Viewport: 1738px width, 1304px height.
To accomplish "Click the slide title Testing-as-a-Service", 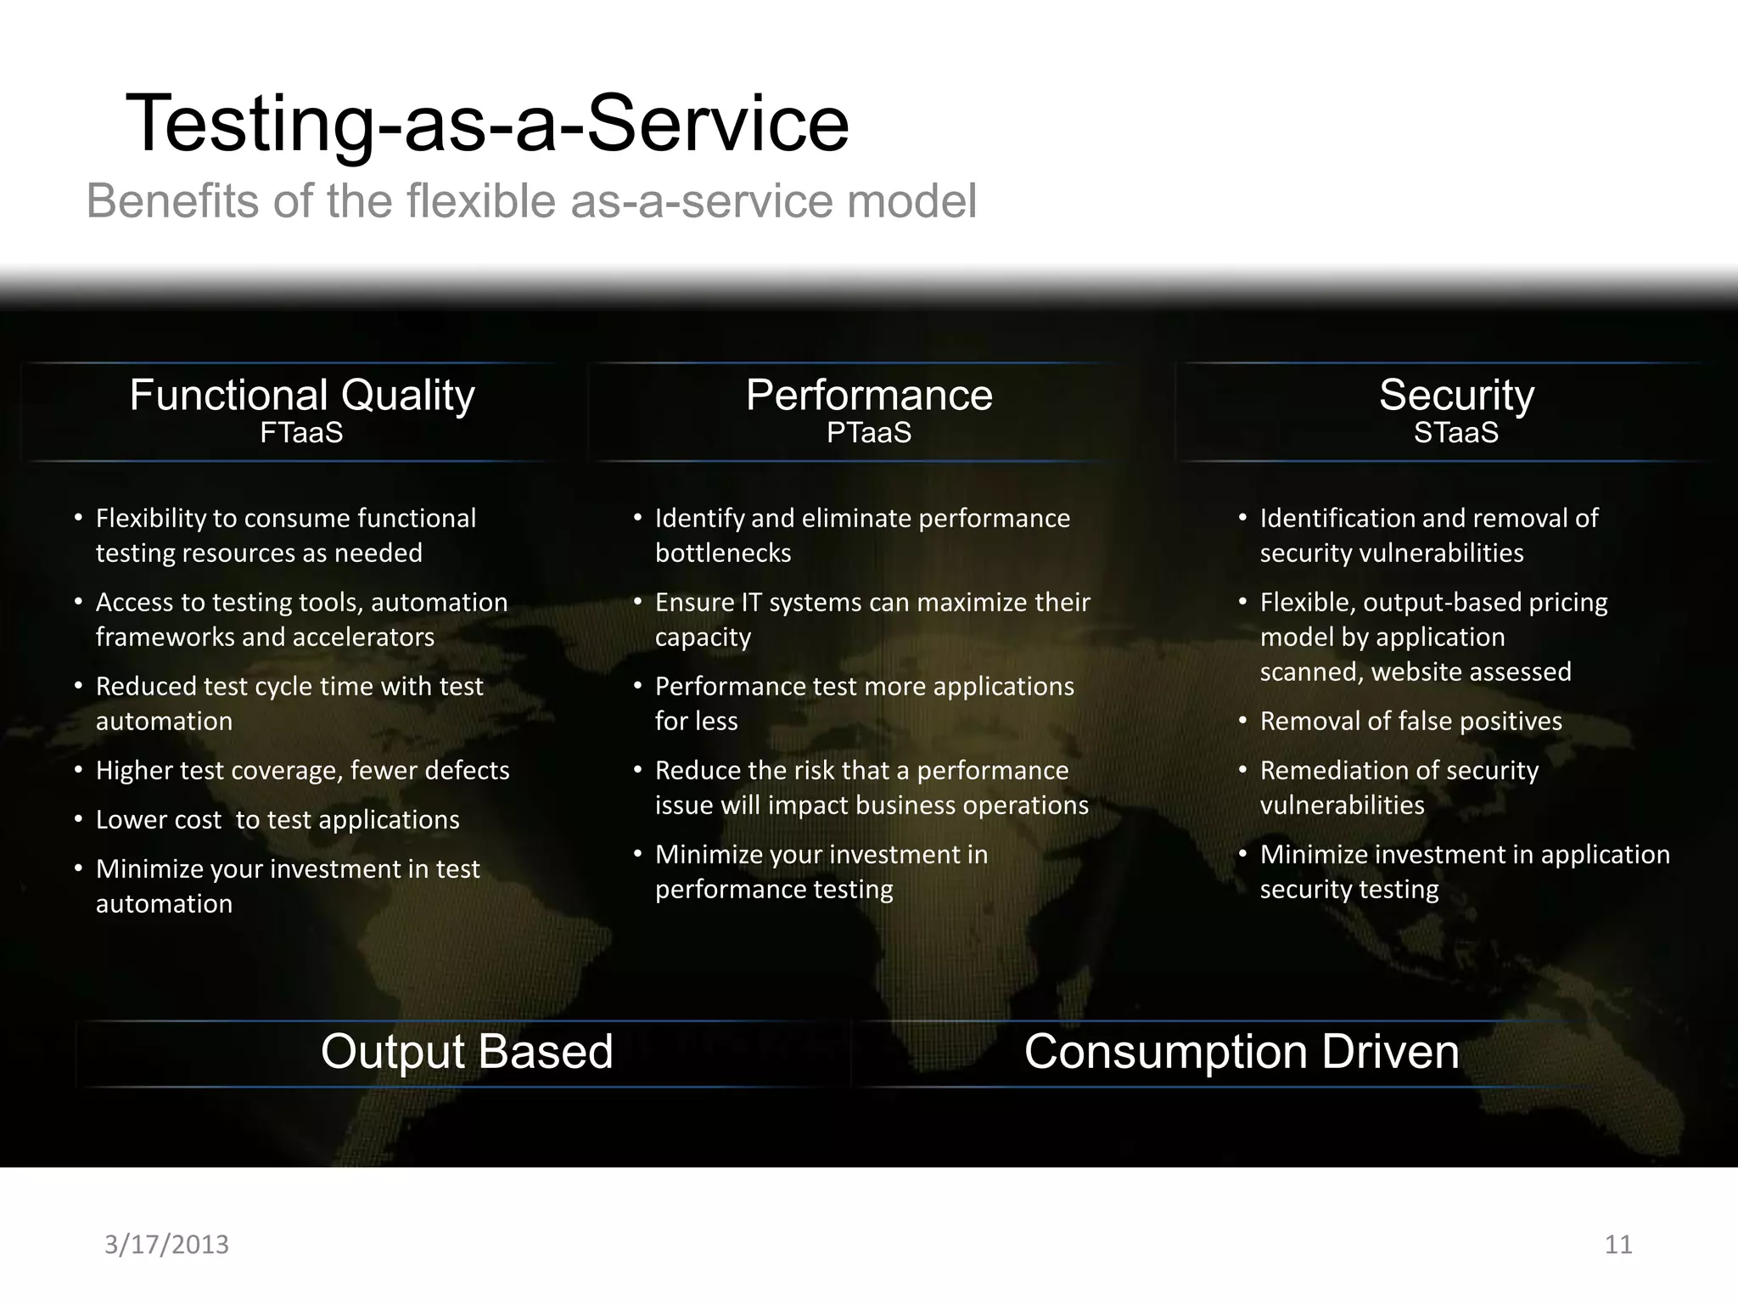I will pyautogui.click(x=487, y=124).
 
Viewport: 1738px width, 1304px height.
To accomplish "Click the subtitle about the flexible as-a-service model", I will pyautogui.click(x=531, y=202).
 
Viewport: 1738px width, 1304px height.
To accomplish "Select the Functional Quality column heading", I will pyautogui.click(x=302, y=396).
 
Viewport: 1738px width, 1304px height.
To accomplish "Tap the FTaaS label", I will pyautogui.click(x=301, y=433).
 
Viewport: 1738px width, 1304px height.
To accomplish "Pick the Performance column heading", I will pyautogui.click(x=869, y=396).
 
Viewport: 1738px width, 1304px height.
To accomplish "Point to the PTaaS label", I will pyautogui.click(x=869, y=433).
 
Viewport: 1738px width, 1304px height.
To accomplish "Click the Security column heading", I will pyautogui.click(x=1456, y=396).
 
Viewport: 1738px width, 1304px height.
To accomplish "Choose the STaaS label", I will pyautogui.click(x=1456, y=433).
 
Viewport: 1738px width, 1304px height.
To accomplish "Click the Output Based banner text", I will pyautogui.click(x=467, y=1052).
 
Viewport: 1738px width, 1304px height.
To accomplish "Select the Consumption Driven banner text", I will pyautogui.click(x=1242, y=1052).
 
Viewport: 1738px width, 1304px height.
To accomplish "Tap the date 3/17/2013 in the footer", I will pyautogui.click(x=166, y=1245).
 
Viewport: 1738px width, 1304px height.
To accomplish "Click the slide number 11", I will pyautogui.click(x=1618, y=1245).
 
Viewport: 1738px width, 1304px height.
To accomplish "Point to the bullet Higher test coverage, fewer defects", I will pyautogui.click(x=302, y=771).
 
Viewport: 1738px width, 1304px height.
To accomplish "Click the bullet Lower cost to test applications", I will pyautogui.click(x=278, y=820).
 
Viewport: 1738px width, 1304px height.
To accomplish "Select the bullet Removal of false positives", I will pyautogui.click(x=1410, y=722).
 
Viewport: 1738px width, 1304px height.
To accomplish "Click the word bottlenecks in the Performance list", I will pyautogui.click(x=723, y=554).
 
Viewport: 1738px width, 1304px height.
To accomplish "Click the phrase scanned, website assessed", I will pyautogui.click(x=1416, y=672).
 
